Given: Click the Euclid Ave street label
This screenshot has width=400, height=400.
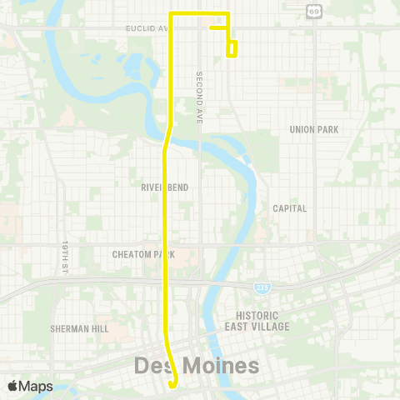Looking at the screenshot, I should coord(147,28).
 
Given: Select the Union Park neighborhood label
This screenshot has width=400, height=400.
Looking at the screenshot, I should coord(313,129).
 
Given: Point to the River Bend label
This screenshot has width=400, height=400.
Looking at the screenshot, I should coord(164,187).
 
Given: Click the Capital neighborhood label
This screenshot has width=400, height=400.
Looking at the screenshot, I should coord(290,208).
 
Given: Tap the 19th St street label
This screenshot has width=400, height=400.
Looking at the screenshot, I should coord(64,255).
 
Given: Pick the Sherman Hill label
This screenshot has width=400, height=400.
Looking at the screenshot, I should coord(79,329).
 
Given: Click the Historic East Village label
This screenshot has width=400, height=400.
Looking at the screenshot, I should coord(262,321).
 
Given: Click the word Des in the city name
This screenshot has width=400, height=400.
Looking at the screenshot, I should coord(152,366).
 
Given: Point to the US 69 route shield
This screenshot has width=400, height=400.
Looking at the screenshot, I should coord(313,11).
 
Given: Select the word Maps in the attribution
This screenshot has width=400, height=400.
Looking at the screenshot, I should coord(36,386).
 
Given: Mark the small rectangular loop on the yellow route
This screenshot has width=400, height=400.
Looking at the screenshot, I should coord(232,48).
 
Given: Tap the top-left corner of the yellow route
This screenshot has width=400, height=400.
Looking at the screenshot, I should coord(172,14).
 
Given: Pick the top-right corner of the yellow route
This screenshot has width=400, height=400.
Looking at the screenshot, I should coord(227,14).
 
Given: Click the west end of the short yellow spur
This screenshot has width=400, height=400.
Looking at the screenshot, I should coord(210,27).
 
